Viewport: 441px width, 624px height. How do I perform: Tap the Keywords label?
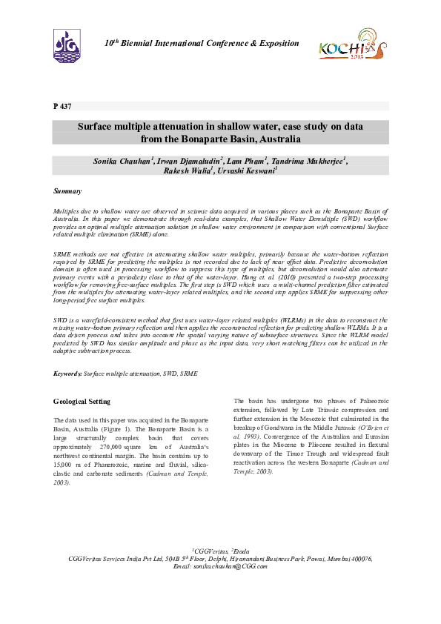pyautogui.click(x=67, y=375)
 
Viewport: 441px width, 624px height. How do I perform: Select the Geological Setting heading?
pyautogui.click(x=82, y=402)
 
